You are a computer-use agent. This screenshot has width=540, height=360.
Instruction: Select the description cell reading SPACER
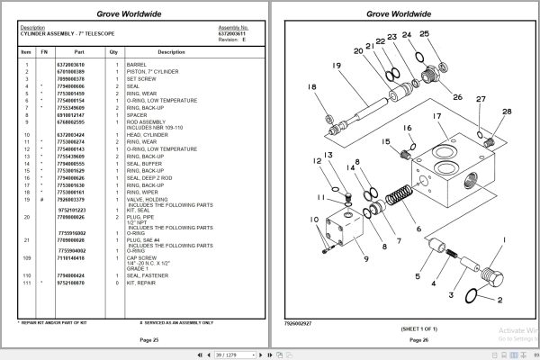(142, 115)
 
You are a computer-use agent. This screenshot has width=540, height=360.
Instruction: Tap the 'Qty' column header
(114, 52)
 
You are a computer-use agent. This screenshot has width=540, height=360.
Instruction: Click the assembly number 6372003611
(233, 32)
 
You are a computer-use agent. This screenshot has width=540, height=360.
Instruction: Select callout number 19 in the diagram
(336, 66)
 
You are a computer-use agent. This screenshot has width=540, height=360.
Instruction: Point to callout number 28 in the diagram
(507, 112)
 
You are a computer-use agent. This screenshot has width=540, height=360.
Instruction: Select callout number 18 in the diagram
(312, 87)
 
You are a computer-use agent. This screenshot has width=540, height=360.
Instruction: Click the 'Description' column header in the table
(171, 52)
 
